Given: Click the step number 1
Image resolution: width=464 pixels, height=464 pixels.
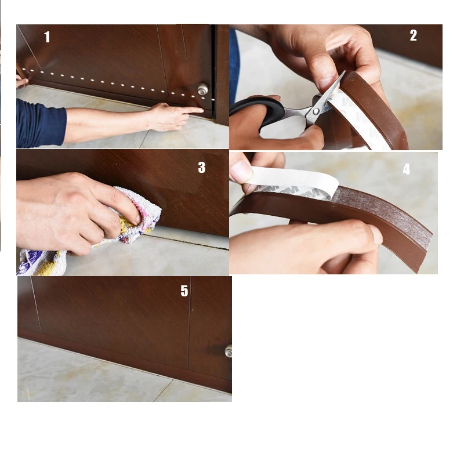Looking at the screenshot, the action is [47, 37].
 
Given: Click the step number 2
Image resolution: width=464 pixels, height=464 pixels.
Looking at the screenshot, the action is [414, 35].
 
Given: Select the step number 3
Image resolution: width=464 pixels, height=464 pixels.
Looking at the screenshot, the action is [201, 168].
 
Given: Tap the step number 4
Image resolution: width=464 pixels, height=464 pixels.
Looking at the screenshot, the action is [407, 169].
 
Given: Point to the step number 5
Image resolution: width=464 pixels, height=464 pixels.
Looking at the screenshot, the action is [184, 291].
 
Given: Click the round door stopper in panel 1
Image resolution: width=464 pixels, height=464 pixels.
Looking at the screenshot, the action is [203, 89].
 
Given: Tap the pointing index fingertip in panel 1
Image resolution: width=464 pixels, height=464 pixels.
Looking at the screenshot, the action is [201, 110].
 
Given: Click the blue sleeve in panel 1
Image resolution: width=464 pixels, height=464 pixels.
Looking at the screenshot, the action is [40, 124].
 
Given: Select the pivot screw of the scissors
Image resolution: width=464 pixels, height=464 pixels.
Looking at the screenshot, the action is [316, 111].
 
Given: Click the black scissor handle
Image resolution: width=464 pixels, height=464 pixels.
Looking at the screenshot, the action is [263, 110].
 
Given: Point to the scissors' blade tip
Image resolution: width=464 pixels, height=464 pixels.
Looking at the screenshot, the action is [344, 72].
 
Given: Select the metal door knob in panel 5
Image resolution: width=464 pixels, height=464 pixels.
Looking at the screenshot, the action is [228, 351].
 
